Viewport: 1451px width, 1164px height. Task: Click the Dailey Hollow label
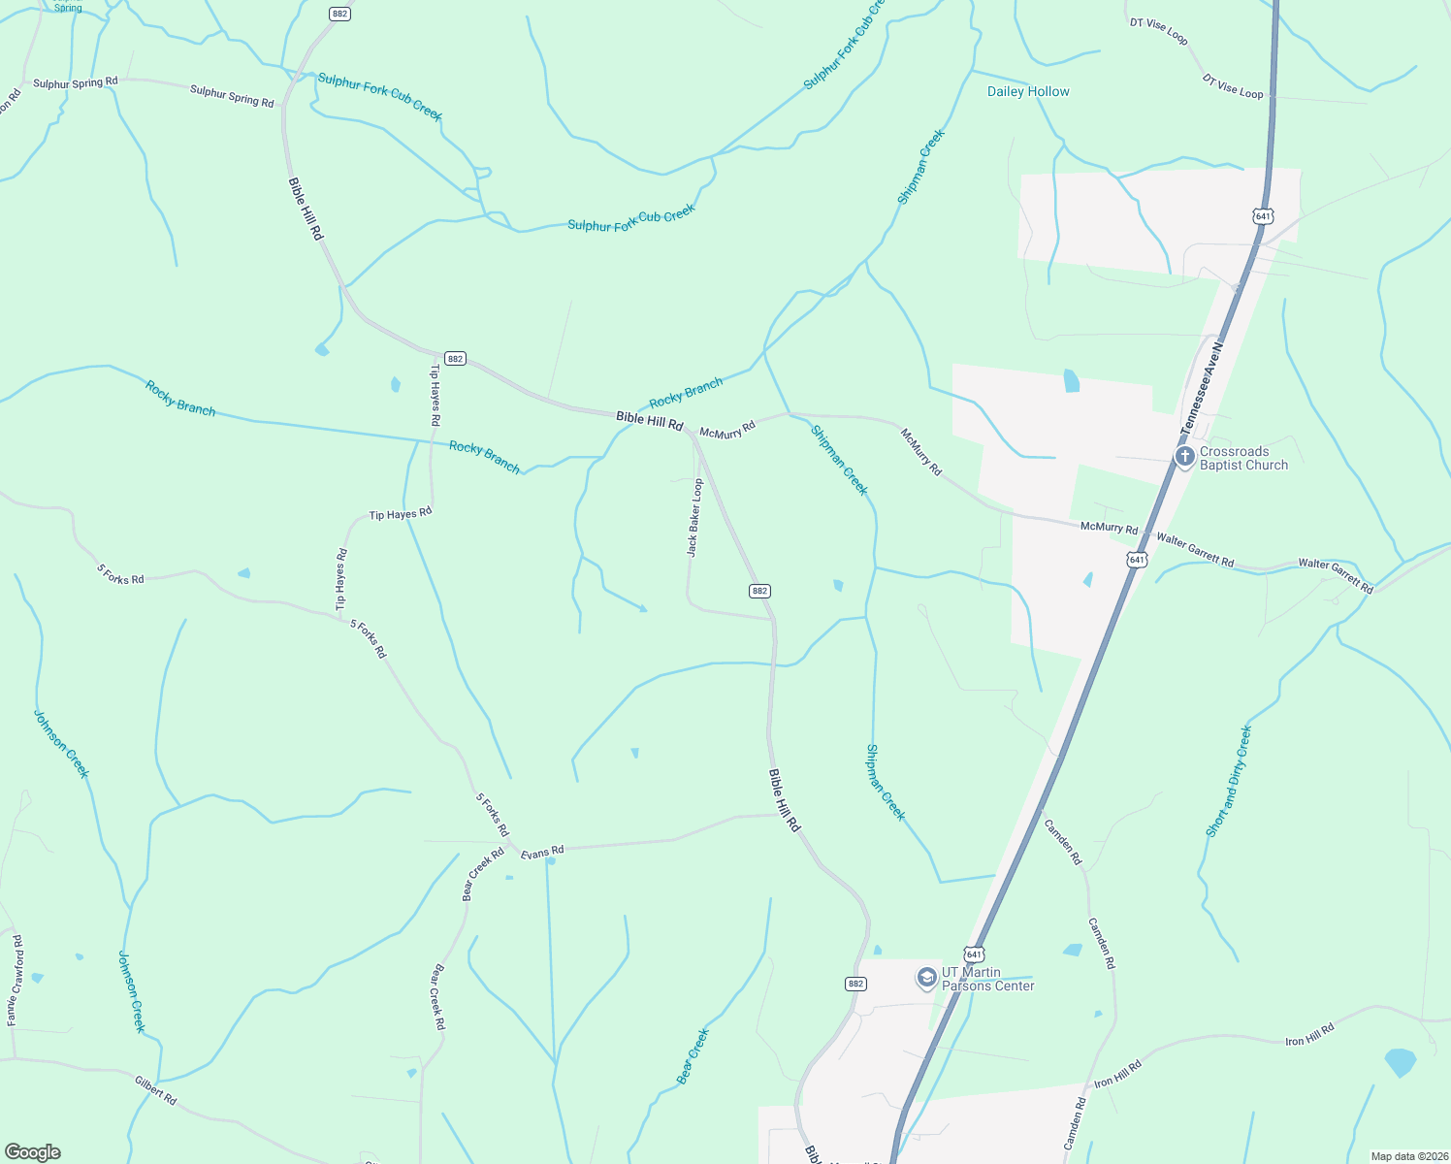pyautogui.click(x=1028, y=91)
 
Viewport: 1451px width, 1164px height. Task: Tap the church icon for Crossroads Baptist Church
pyautogui.click(x=1184, y=457)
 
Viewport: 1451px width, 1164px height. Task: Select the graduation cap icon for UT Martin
pyautogui.click(x=926, y=978)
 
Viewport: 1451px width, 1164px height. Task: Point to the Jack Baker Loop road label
pyautogui.click(x=694, y=517)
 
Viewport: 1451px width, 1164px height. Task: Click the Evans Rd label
pyautogui.click(x=542, y=853)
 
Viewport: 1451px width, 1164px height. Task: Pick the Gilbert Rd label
pyautogui.click(x=155, y=1090)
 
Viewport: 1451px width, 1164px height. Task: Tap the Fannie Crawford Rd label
pyautogui.click(x=15, y=981)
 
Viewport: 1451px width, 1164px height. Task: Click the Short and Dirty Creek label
pyautogui.click(x=1229, y=781)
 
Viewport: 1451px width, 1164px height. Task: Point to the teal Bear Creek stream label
pyautogui.click(x=693, y=1056)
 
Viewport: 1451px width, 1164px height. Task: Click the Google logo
pyautogui.click(x=33, y=1152)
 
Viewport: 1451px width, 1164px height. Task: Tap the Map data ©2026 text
pyautogui.click(x=1407, y=1156)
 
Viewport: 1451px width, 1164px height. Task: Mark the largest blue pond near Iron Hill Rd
pyautogui.click(x=1400, y=1062)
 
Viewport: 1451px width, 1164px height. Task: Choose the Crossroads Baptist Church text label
pyautogui.click(x=1243, y=458)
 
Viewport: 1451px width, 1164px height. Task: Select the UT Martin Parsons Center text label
pyautogui.click(x=987, y=979)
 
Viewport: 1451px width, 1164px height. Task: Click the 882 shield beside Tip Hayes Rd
pyautogui.click(x=455, y=359)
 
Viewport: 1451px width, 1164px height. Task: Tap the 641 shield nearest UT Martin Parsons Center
pyautogui.click(x=974, y=954)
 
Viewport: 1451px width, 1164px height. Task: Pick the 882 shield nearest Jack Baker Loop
pyautogui.click(x=759, y=591)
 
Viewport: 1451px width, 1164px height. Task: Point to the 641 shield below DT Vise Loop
pyautogui.click(x=1263, y=216)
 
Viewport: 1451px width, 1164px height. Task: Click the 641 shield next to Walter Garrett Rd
pyautogui.click(x=1137, y=560)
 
